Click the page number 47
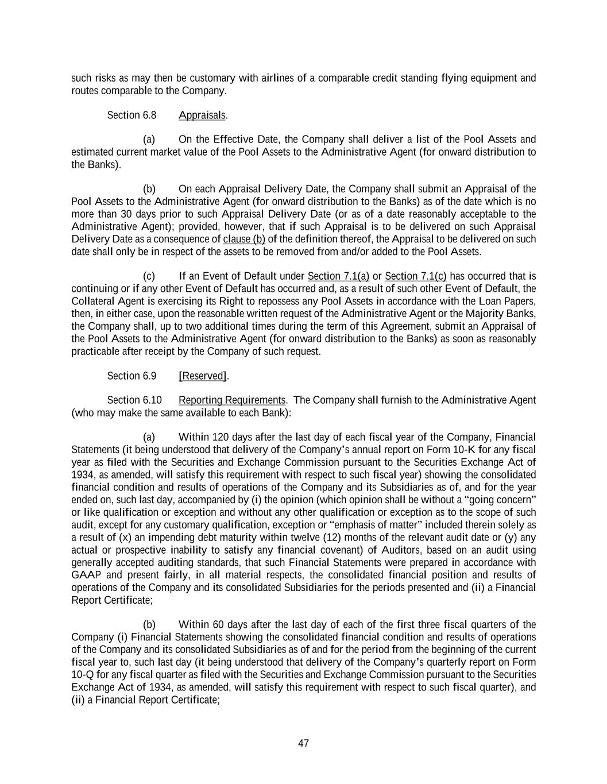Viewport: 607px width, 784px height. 303,743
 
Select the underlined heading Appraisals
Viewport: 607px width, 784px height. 202,115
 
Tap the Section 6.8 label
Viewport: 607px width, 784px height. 132,115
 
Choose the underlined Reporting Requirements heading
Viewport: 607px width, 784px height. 232,400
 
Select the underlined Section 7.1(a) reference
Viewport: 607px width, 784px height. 339,276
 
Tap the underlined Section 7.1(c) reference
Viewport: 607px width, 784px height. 415,276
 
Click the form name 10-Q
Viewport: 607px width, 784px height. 82,674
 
